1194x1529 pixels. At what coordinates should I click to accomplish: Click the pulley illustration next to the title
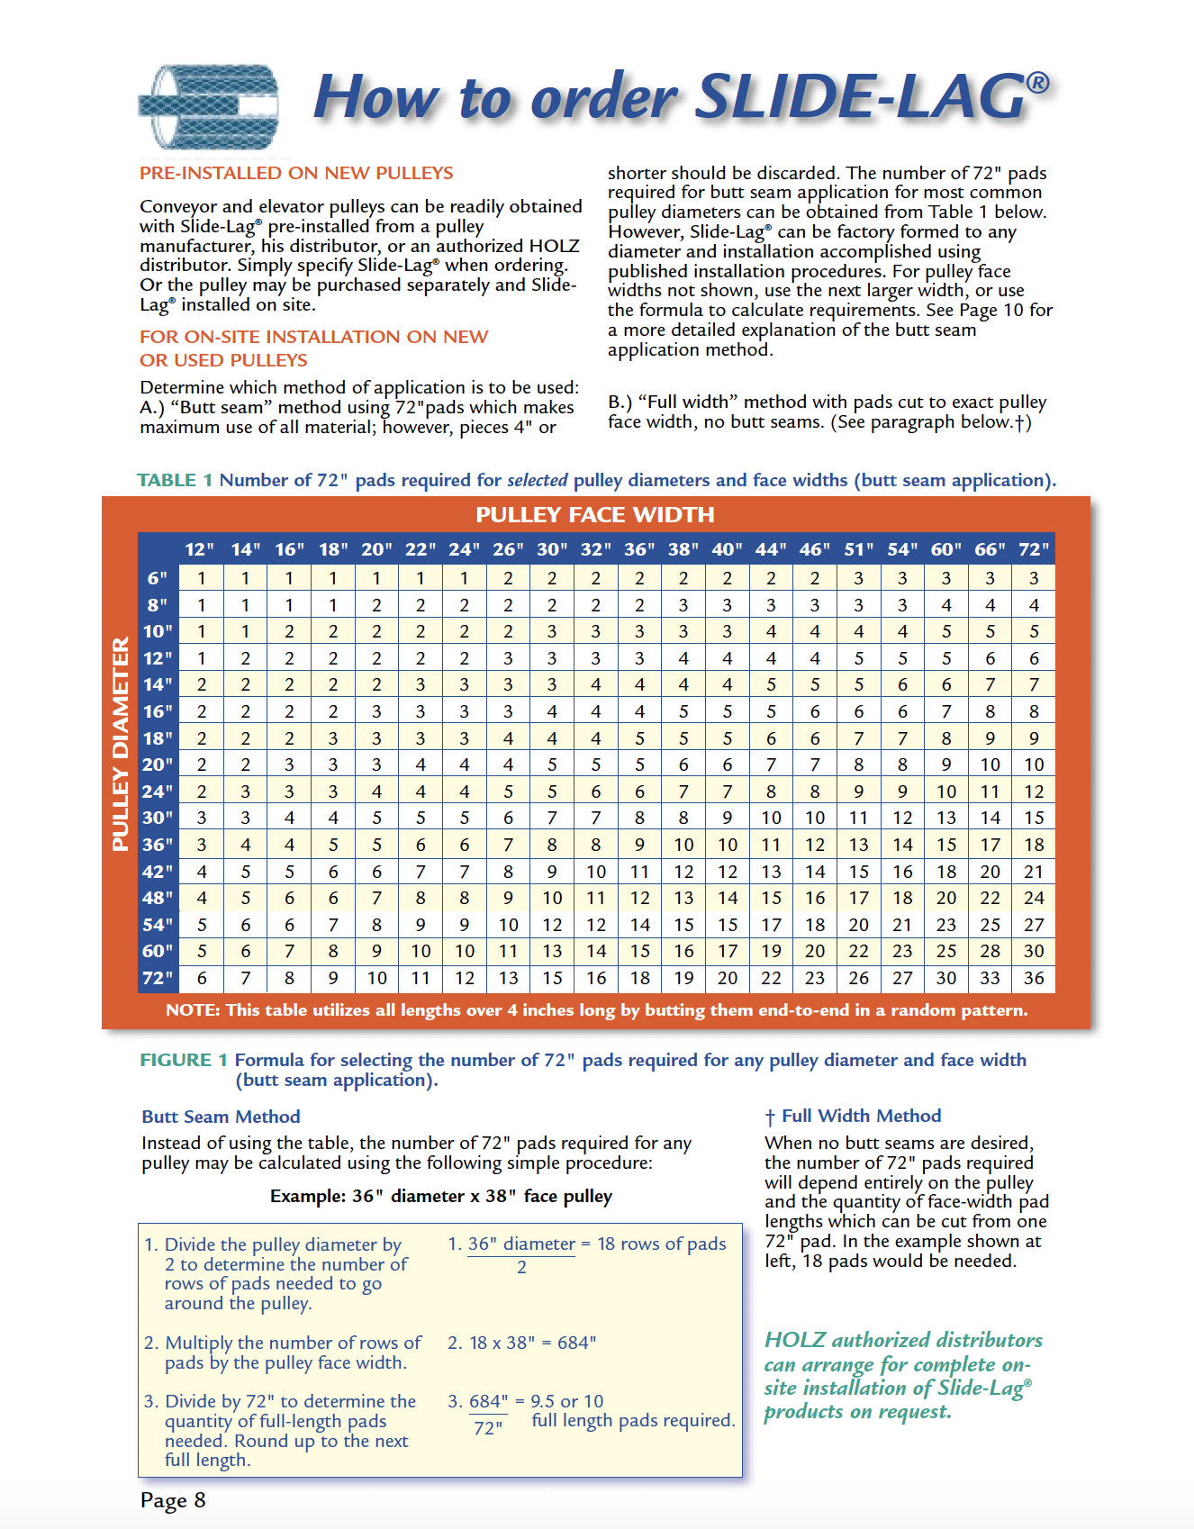[208, 106]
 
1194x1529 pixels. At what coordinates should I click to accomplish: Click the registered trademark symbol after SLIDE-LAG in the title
[1037, 83]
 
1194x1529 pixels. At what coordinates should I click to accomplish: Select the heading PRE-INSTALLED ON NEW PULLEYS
[296, 173]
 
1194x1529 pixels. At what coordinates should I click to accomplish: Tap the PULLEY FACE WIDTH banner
[594, 515]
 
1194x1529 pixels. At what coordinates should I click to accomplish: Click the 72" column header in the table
[1034, 549]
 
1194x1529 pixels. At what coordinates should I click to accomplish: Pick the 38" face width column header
[683, 549]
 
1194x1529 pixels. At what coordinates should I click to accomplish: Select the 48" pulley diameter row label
[158, 898]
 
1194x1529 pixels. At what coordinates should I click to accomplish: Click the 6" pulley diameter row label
[158, 578]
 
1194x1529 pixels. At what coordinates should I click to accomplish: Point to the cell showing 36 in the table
[1034, 978]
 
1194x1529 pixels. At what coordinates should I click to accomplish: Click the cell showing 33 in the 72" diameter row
[990, 978]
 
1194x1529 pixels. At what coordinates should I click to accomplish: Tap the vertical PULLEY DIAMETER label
[120, 744]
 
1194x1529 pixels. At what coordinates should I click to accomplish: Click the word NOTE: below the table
[193, 1010]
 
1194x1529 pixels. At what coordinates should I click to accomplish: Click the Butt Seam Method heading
[221, 1117]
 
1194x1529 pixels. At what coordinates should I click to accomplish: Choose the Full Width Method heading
[860, 1116]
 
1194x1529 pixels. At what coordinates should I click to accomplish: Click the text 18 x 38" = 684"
[532, 1343]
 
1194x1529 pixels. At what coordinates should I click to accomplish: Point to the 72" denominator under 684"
[488, 1428]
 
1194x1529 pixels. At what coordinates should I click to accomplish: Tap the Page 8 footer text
[173, 1500]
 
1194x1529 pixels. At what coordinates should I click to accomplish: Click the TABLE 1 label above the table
[175, 480]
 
